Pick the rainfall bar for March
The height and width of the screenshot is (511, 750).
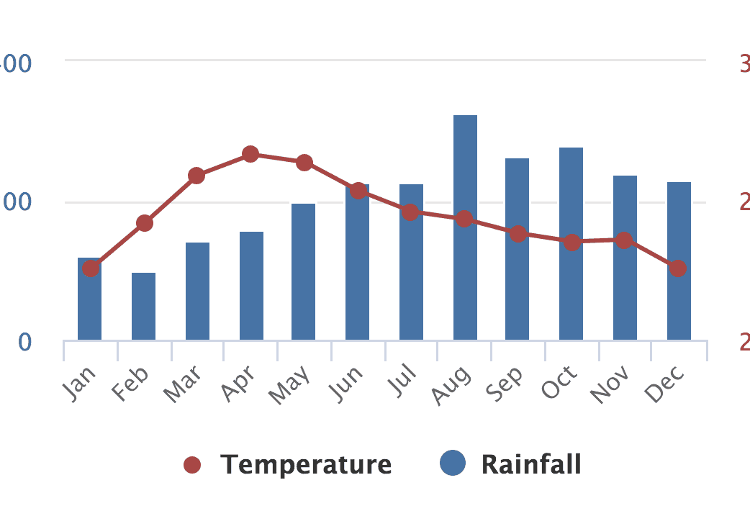coord(197,291)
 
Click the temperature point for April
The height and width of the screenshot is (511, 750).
coord(250,154)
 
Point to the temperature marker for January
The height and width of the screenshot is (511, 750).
coord(90,268)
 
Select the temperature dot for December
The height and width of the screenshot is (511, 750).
coord(678,268)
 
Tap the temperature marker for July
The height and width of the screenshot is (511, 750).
coord(410,212)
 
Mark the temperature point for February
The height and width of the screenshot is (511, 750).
coord(145,223)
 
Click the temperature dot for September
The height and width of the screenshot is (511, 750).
coord(518,234)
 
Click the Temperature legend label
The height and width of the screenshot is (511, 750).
coord(306,465)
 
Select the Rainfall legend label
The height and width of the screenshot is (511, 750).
coord(531,464)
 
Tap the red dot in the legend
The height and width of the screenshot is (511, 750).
coord(191,465)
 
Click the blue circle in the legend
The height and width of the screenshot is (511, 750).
coord(453,463)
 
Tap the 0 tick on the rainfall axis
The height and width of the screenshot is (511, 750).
coord(25,342)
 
